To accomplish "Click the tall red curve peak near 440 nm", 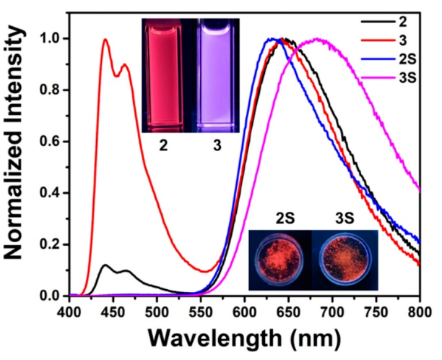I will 105,40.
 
